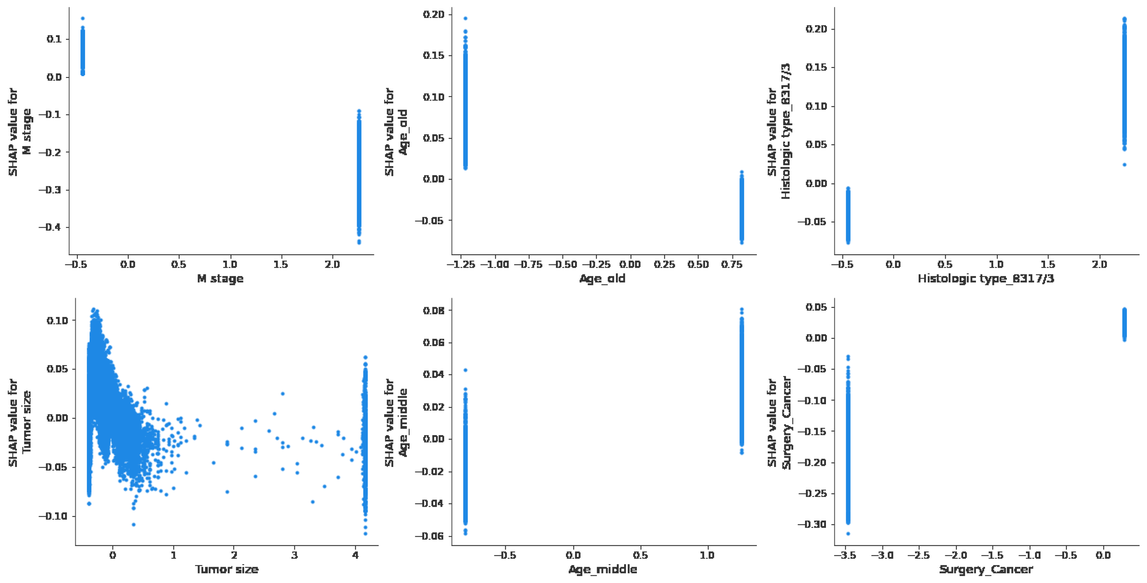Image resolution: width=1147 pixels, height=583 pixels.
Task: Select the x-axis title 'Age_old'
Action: tap(602, 279)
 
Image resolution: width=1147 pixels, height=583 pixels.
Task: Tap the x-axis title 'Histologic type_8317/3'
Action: tap(986, 279)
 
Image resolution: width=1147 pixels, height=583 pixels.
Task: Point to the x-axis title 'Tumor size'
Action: tap(227, 569)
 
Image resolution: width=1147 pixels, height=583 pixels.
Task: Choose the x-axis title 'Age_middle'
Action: tap(603, 569)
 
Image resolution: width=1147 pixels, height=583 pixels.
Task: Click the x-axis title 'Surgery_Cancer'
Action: tap(986, 569)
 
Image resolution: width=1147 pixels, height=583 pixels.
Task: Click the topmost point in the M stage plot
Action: tap(82, 18)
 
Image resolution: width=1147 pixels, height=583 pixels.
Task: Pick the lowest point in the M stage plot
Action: tap(359, 243)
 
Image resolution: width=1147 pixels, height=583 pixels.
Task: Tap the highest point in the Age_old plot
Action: tap(465, 18)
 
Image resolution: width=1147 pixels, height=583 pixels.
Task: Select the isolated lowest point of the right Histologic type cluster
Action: tap(1124, 165)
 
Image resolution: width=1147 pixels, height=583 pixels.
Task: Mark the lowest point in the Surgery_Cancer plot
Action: tap(848, 534)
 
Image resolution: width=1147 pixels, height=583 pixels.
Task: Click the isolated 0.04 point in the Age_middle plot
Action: tap(465, 370)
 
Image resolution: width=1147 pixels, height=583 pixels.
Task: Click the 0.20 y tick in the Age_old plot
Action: tap(434, 15)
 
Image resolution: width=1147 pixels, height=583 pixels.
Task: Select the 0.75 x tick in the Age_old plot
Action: tap(732, 265)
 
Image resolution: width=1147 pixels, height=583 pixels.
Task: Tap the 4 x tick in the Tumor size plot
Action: tap(355, 555)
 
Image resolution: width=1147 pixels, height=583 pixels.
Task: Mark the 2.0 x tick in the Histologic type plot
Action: tap(1099, 265)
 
